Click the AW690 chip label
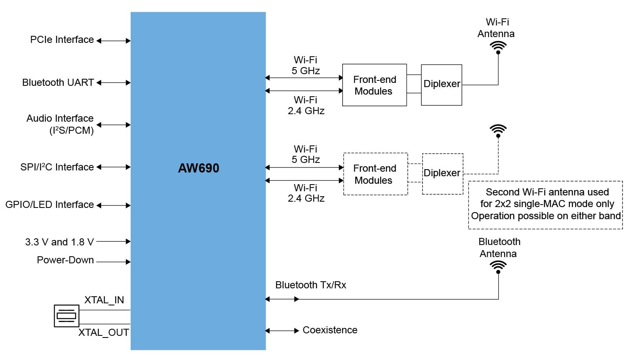coord(199,168)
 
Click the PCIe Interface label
coord(62,40)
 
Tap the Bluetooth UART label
coord(58,82)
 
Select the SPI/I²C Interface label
coord(57,167)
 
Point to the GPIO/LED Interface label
coord(50,205)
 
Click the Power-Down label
coord(65,260)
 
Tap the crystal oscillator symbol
coord(67,316)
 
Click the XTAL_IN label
coord(104,300)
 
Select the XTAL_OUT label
coord(104,332)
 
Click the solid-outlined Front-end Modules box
coord(374,85)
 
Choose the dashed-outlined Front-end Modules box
coord(375,174)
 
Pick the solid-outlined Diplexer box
coord(441,85)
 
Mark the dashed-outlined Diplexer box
coord(442,174)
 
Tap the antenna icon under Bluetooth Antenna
coord(498,267)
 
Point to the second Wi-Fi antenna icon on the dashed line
coord(498,131)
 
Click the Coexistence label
coord(330,330)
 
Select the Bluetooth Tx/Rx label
coord(311,285)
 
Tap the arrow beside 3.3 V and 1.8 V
coord(113,241)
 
